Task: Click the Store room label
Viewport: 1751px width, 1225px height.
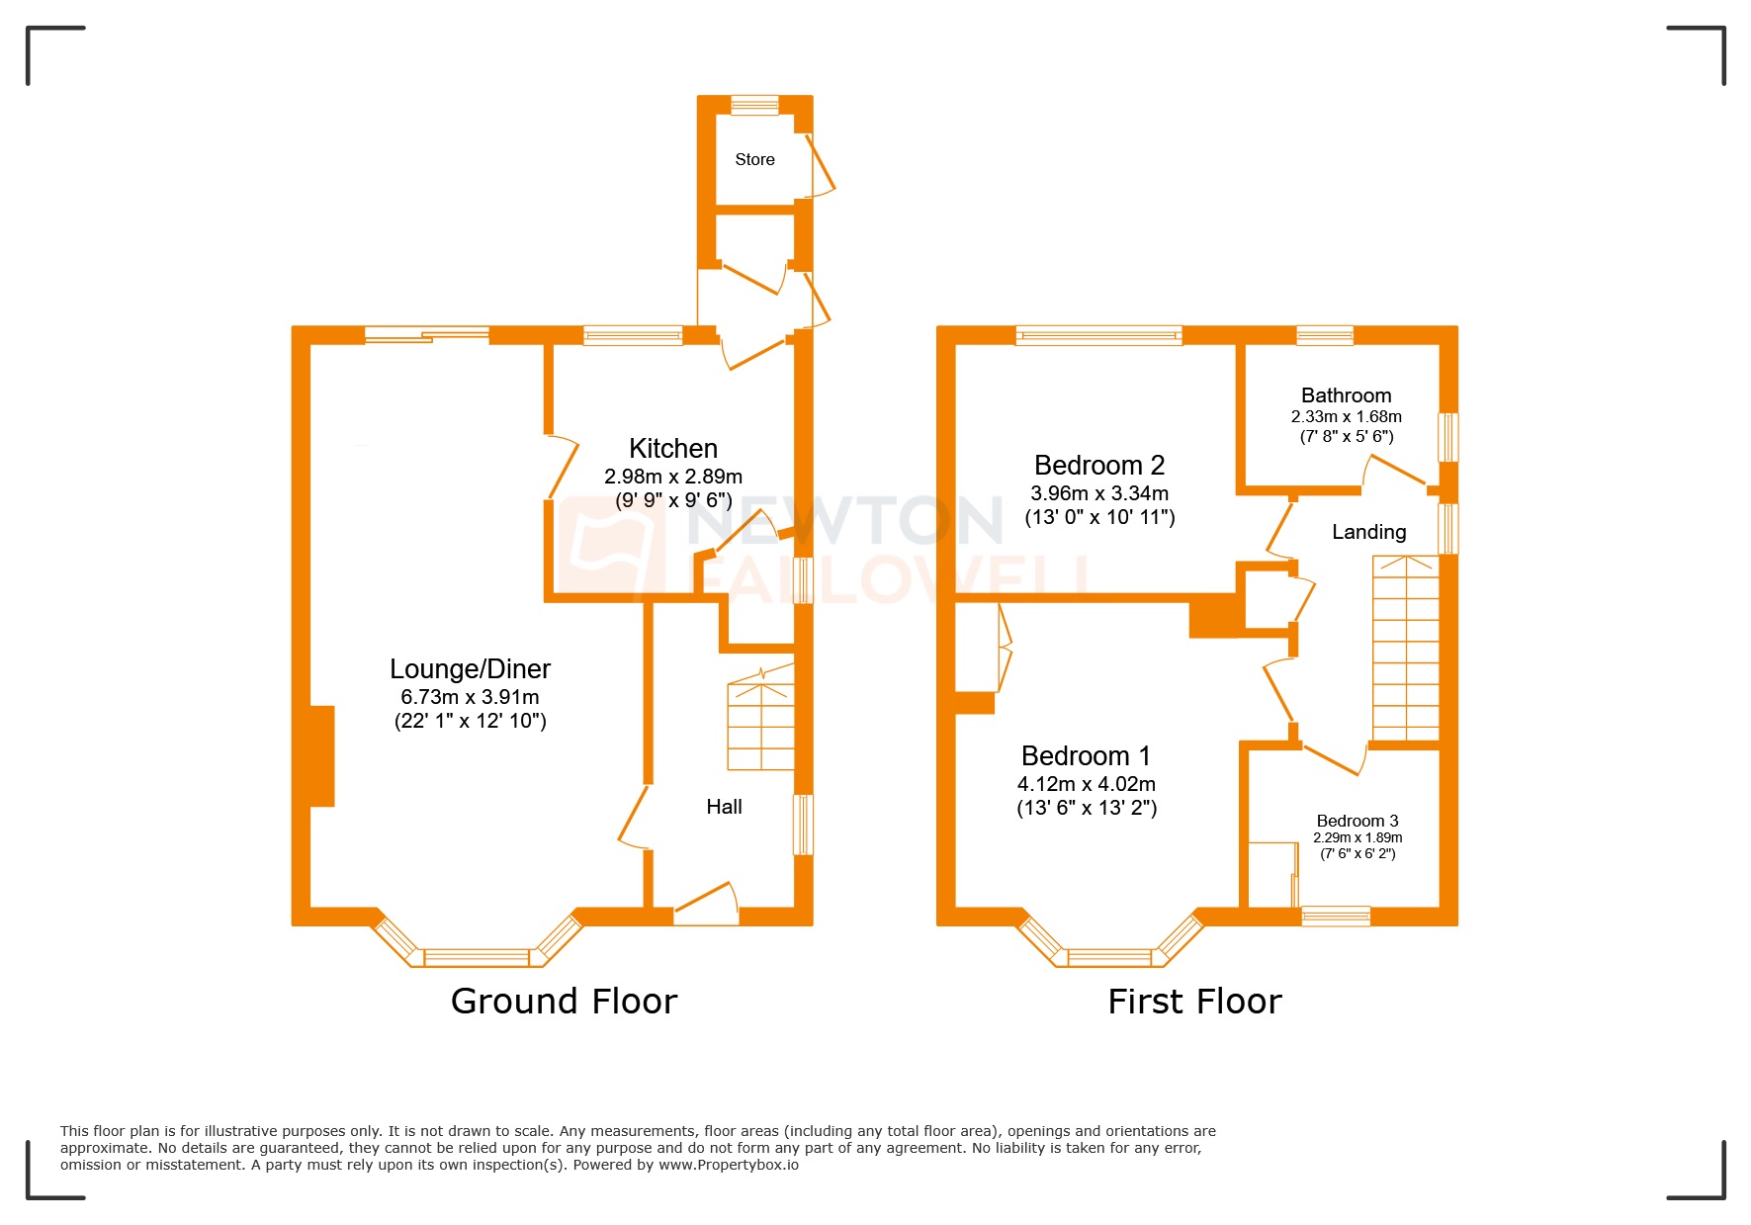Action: (754, 159)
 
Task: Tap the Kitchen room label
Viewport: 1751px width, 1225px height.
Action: (673, 448)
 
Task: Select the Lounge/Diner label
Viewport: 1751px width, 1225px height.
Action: (470, 669)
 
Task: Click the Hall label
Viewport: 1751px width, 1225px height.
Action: (724, 807)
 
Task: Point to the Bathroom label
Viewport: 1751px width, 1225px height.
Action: (1346, 395)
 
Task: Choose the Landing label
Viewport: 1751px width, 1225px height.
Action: (1368, 532)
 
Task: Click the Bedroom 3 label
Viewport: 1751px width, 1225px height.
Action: (1357, 821)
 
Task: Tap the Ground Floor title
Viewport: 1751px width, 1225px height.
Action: (564, 1002)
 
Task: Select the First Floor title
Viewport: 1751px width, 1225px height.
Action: (1194, 1002)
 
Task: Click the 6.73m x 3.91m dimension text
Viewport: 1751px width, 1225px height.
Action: (470, 697)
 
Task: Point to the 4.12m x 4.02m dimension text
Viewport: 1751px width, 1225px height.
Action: (1086, 784)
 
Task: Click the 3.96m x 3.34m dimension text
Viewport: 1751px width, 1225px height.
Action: (1099, 493)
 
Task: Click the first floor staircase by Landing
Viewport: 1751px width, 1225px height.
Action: (1405, 648)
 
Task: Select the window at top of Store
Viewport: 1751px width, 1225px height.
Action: (754, 104)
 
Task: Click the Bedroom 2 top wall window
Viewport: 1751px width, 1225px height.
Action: (1098, 335)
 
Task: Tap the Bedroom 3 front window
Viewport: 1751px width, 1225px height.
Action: (1336, 916)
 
